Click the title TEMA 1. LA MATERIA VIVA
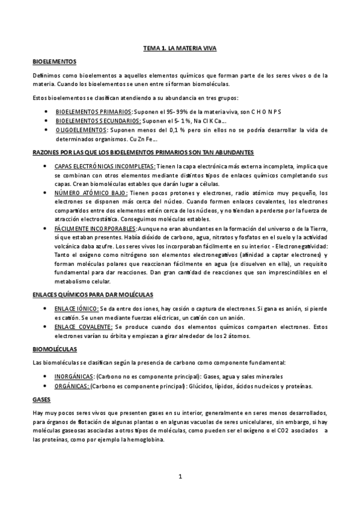180,48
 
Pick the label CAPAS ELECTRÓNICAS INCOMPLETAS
105,166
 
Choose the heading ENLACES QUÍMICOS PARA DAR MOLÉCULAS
93,294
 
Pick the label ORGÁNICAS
72,386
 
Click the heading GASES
41,399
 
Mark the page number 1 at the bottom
180,477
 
